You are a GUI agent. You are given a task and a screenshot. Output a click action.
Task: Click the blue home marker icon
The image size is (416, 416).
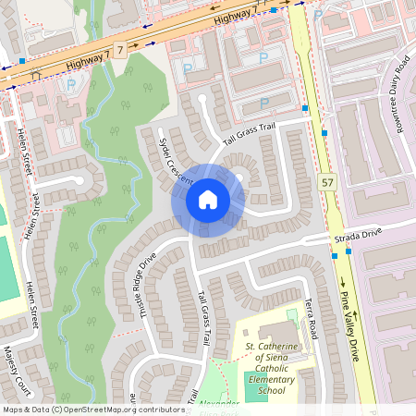pyautogui.click(x=208, y=199)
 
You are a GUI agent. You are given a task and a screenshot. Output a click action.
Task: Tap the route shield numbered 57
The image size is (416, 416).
pyautogui.click(x=327, y=184)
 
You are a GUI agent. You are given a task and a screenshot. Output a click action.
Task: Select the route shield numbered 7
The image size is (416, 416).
pyautogui.click(x=120, y=47)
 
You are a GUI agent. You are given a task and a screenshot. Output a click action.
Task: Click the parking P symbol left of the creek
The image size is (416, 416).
pyautogui.click(x=71, y=85)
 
